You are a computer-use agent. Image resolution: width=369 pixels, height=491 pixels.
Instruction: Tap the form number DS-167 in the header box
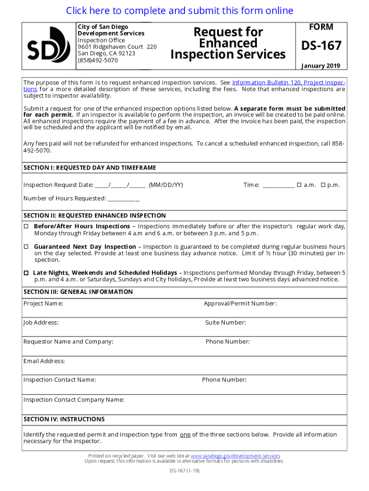(x=321, y=46)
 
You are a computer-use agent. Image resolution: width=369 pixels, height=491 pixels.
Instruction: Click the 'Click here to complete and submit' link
(x=180, y=11)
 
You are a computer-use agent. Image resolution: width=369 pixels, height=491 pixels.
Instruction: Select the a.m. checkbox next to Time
(x=299, y=185)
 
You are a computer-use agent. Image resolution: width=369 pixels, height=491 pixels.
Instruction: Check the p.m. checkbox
(x=323, y=185)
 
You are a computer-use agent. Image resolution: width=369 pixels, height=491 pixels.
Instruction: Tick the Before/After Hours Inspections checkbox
(x=26, y=226)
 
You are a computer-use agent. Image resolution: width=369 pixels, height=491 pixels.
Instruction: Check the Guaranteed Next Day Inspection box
(x=26, y=246)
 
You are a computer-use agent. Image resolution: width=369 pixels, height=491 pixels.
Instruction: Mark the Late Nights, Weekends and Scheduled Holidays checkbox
(x=26, y=272)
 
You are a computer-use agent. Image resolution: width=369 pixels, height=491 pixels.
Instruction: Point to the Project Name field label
(x=43, y=304)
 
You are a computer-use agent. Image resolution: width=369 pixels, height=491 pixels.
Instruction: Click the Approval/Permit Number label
(x=240, y=304)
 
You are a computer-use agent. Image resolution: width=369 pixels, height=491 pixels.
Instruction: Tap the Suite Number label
(x=226, y=323)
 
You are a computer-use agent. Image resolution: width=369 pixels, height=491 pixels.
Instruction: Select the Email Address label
(x=44, y=361)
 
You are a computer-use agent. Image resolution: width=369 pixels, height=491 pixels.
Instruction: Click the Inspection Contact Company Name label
(x=74, y=399)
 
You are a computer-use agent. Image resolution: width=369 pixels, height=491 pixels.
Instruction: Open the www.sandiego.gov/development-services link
(x=235, y=456)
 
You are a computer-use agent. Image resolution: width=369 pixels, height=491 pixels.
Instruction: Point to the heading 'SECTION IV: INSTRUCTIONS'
(x=64, y=419)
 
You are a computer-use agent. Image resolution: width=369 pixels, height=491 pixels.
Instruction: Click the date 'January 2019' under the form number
(x=321, y=66)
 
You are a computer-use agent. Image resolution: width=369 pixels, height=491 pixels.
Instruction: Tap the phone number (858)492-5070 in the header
(x=98, y=60)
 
